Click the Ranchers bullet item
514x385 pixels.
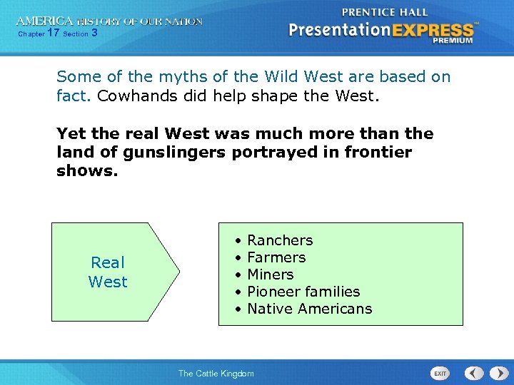point(279,240)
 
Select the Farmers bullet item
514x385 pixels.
point(276,257)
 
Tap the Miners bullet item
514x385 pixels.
point(270,274)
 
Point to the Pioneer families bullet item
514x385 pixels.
point(303,292)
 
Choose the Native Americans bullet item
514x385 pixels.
point(309,309)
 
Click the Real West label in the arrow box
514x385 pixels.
point(108,272)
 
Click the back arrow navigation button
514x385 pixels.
point(474,373)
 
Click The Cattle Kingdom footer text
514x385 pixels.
point(216,373)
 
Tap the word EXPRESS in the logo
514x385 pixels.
point(433,30)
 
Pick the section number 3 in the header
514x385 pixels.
point(94,33)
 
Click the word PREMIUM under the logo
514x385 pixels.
point(452,41)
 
